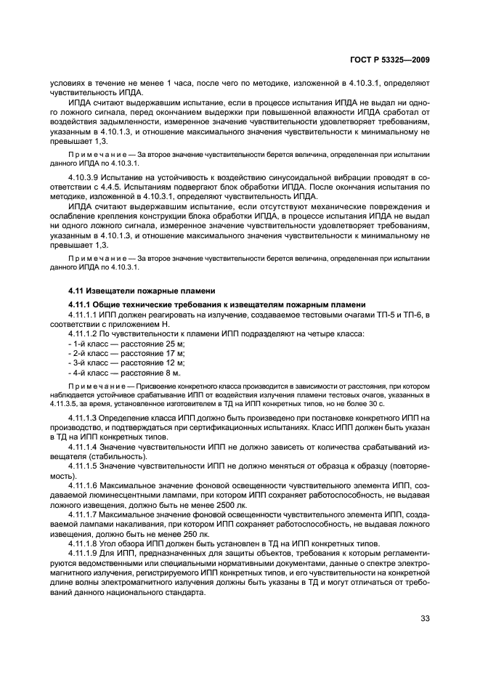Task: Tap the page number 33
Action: (426, 619)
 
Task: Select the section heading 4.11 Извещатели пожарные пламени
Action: (129, 291)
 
